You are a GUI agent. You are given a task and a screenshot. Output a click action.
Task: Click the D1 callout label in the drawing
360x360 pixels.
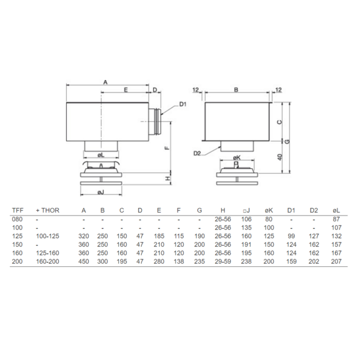182,104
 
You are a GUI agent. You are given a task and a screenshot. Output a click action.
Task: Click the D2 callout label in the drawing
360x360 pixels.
197,153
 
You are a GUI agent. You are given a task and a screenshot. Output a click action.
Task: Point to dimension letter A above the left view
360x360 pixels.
105,82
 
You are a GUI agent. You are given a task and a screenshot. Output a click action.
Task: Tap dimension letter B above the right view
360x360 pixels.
236,89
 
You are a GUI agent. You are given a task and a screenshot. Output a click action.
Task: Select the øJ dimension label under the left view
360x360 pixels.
101,192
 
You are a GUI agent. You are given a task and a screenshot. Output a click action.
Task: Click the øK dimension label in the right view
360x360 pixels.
236,157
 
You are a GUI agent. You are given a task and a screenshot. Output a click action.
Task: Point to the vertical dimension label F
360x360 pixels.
167,147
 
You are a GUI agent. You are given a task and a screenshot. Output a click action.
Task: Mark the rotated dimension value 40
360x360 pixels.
279,157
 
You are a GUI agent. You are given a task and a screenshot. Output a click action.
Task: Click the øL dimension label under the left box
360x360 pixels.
101,156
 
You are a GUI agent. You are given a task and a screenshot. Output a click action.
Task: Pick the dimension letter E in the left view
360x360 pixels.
126,90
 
